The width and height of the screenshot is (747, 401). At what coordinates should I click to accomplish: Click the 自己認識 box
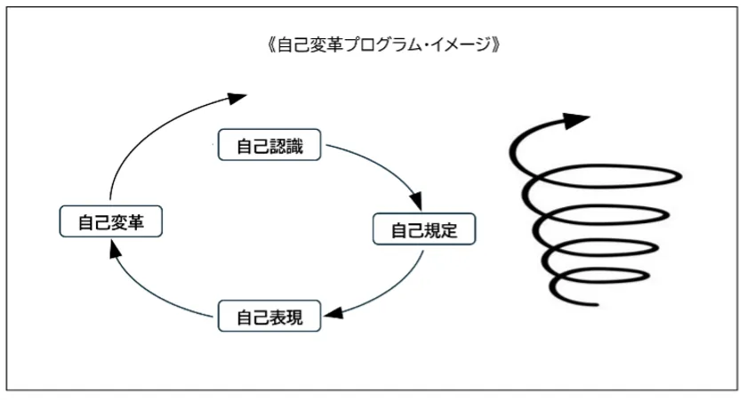[x=269, y=146]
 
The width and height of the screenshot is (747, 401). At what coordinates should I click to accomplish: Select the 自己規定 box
[x=424, y=230]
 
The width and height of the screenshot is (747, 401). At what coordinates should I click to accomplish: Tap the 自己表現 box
[x=269, y=317]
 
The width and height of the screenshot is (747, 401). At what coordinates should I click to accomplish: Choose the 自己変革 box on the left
[x=111, y=221]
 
